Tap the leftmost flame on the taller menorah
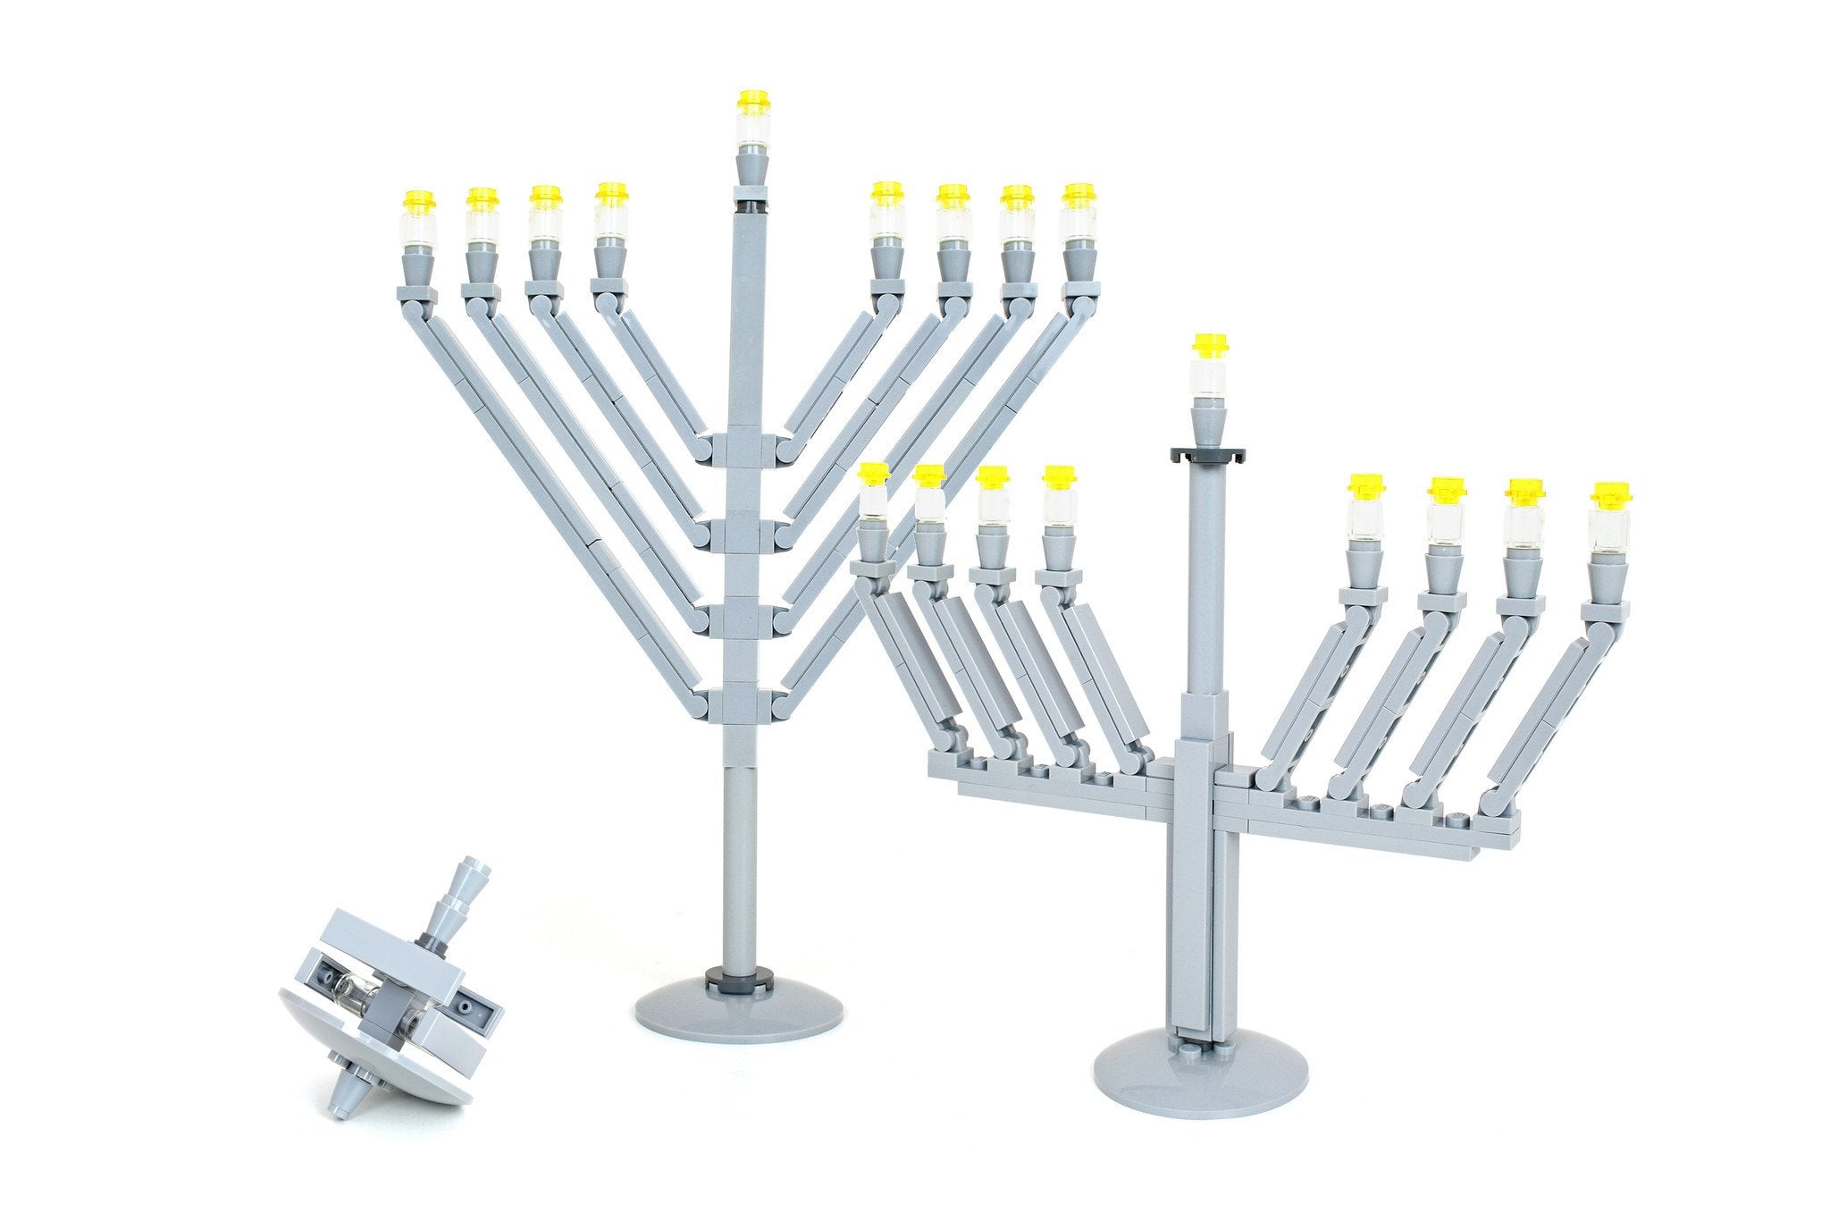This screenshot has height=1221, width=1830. [418, 201]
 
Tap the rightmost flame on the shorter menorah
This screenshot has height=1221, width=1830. [1609, 493]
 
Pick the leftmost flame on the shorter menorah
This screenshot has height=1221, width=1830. [872, 474]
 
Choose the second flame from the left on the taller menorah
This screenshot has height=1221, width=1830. [483, 198]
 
